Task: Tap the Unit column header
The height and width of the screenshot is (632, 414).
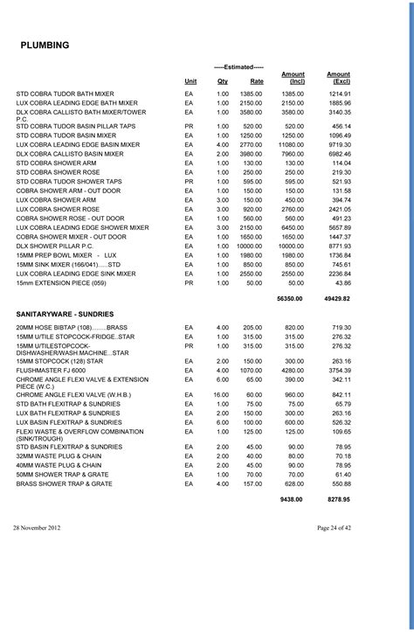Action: point(190,80)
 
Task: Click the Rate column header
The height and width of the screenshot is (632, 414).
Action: point(257,80)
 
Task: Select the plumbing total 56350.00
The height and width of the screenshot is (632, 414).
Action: point(289,298)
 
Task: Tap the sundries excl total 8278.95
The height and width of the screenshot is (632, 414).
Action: point(338,498)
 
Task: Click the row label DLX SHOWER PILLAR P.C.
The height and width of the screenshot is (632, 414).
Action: point(54,247)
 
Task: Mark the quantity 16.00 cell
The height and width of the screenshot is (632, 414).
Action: point(222,394)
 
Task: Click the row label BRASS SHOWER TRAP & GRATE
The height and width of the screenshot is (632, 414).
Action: point(65,483)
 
